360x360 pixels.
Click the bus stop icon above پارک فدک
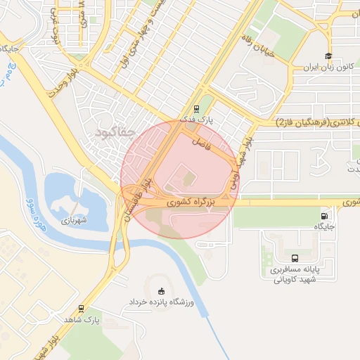pos(197,109)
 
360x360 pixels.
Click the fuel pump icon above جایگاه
pos(323,216)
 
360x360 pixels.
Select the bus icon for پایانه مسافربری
pos(294,258)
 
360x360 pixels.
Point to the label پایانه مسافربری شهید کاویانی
pos(297,274)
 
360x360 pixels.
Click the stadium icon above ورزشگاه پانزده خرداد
pos(162,290)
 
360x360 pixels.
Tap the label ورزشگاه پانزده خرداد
pos(160,302)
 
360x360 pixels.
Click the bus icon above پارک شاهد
pos(82,308)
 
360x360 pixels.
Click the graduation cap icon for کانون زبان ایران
pos(328,56)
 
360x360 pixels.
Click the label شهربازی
pos(72,221)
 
